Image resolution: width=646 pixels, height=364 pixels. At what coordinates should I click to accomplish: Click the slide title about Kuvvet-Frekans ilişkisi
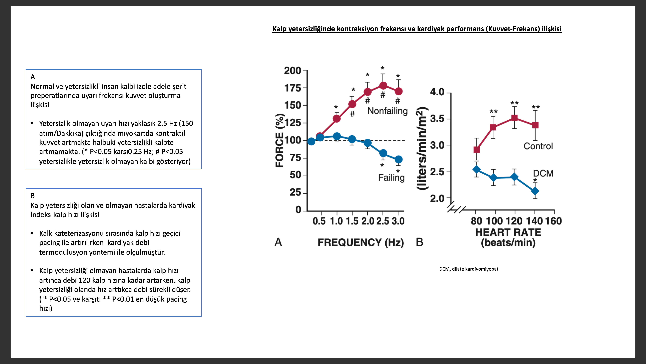pyautogui.click(x=417, y=29)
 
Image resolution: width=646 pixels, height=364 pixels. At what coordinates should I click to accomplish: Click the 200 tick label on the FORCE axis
pyautogui.click(x=292, y=71)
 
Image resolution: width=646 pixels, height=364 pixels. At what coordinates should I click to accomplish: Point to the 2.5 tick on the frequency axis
pyautogui.click(x=383, y=221)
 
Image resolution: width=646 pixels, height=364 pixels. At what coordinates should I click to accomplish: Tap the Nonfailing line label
pyautogui.click(x=387, y=111)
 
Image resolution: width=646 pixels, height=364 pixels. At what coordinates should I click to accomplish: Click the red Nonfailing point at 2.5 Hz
pyautogui.click(x=383, y=86)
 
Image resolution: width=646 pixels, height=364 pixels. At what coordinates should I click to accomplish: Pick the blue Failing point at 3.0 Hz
pyautogui.click(x=398, y=160)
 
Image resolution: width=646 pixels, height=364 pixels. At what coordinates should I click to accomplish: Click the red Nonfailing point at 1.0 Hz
pyautogui.click(x=337, y=119)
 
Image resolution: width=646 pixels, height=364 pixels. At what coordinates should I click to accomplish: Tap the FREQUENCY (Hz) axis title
pyautogui.click(x=361, y=243)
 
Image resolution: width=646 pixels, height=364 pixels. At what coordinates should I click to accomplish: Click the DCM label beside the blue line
pyautogui.click(x=543, y=173)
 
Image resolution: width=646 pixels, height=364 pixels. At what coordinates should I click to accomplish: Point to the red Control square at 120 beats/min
pyautogui.click(x=514, y=118)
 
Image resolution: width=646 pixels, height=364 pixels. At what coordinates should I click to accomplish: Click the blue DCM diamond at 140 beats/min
pyautogui.click(x=535, y=191)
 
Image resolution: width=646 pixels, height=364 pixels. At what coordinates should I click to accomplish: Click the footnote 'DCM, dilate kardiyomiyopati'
pyautogui.click(x=469, y=269)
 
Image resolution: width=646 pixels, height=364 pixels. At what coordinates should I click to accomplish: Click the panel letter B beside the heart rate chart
pyautogui.click(x=420, y=242)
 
